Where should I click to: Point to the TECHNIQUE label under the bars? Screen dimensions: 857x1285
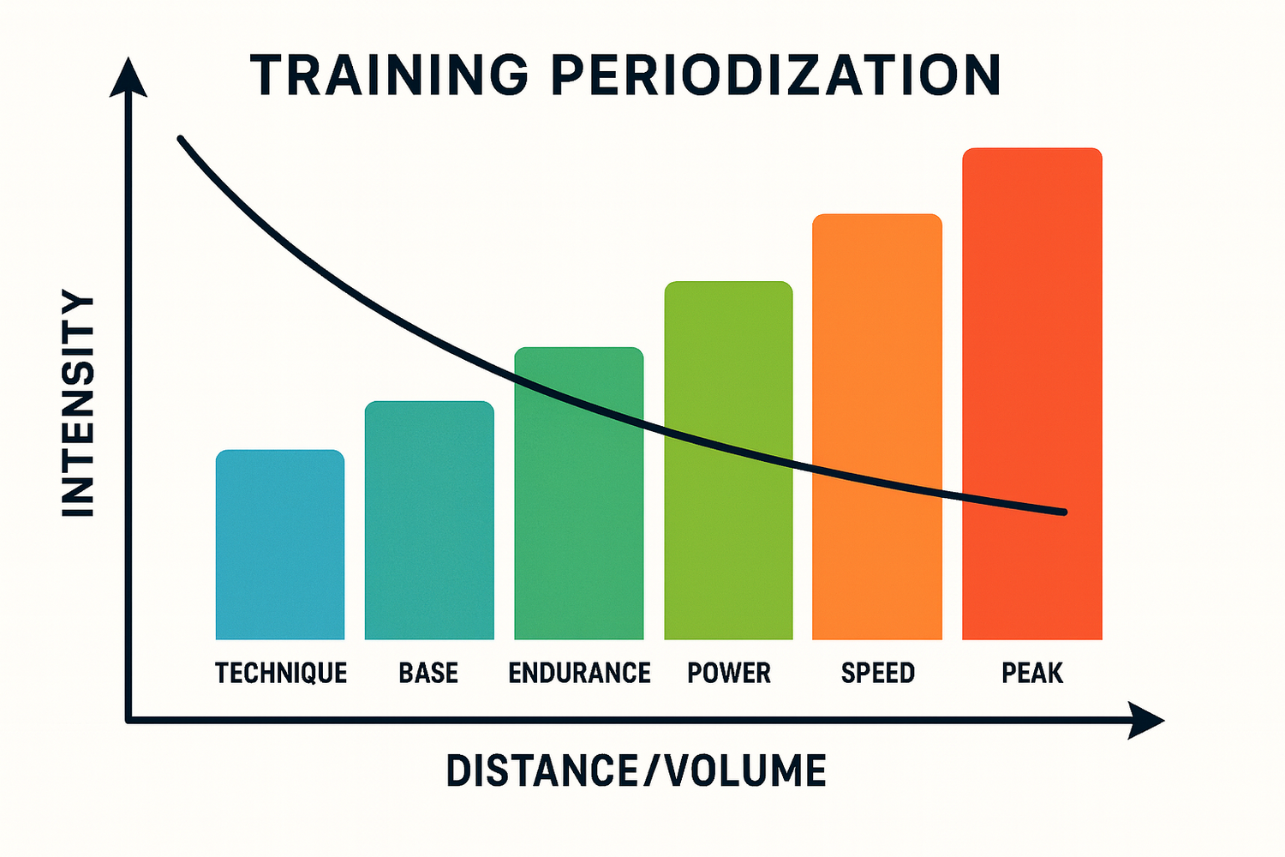[x=281, y=673]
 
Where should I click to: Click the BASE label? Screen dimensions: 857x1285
[x=428, y=673]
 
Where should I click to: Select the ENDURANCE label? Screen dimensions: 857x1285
[x=579, y=673]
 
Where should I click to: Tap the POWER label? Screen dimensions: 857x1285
[x=729, y=673]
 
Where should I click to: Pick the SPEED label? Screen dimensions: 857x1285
[x=878, y=673]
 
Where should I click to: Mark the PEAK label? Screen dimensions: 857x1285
[x=1032, y=673]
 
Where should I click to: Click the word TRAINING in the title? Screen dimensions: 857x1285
[x=390, y=75]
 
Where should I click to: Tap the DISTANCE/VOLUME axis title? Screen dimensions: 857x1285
[x=637, y=771]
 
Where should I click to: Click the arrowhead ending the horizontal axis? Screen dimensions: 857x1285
[x=1146, y=721]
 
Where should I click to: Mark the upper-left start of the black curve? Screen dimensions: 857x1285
[x=181, y=139]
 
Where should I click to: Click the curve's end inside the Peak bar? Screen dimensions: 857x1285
[x=1063, y=512]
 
